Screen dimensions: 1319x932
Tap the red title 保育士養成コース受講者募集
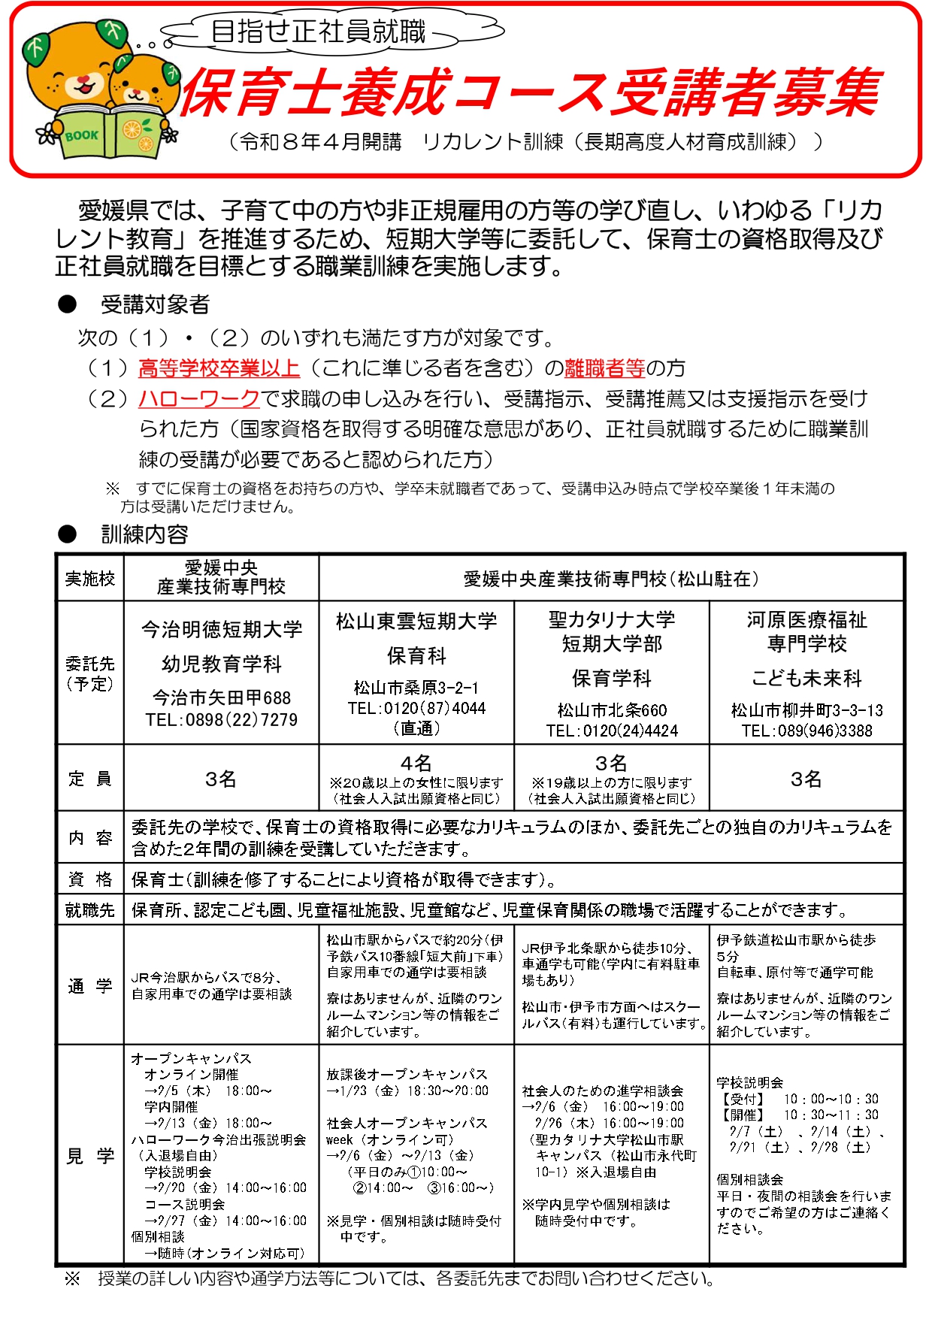pos(529,93)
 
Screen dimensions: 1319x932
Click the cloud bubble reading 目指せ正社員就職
pos(319,32)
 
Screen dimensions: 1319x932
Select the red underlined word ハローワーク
pos(199,398)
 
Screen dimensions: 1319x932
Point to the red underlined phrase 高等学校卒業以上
pos(219,368)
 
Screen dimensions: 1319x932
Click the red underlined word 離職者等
pos(604,368)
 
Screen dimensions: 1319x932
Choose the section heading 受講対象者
pos(155,304)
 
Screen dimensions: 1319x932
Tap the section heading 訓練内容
pos(144,534)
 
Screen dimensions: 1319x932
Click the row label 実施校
pos(90,578)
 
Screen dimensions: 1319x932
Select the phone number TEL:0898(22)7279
pos(222,720)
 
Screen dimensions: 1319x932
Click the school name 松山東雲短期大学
pos(416,622)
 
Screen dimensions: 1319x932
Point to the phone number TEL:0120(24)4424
pos(612,731)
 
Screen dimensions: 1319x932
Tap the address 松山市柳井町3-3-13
pos(806,710)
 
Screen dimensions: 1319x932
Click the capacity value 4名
pos(416,764)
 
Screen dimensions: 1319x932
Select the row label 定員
pos(90,779)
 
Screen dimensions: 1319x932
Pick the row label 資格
pos(90,879)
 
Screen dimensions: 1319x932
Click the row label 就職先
pos(90,910)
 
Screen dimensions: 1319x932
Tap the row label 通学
pos(90,986)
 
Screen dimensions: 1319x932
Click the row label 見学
pos(90,1156)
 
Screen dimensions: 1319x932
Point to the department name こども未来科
pos(806,678)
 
